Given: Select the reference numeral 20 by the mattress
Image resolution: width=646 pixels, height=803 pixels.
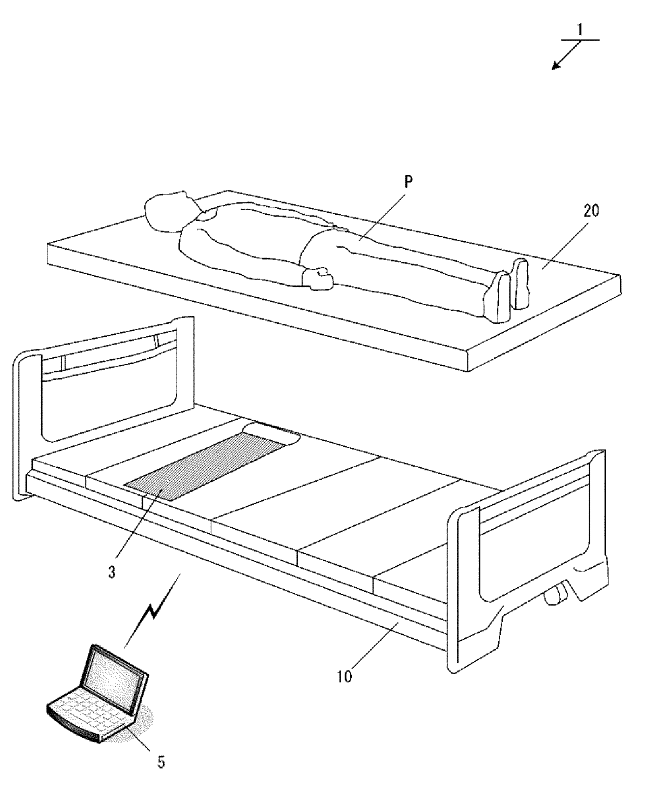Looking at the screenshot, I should pos(591,211).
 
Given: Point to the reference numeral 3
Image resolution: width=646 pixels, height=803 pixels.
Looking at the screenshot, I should pos(111,571).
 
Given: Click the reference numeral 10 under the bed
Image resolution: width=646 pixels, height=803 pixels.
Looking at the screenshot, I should pos(344,676).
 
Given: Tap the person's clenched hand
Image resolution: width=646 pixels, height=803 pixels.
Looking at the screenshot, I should pos(318,278).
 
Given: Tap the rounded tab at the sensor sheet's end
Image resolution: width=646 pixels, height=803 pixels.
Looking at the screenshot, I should pos(271,431).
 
